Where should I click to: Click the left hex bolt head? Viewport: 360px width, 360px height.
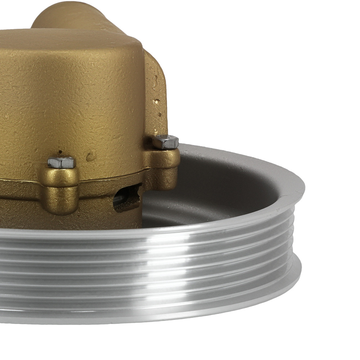pos(61,162)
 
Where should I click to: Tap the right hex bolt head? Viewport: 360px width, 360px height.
pos(166,142)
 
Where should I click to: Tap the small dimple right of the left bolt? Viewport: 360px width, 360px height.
pos(90,156)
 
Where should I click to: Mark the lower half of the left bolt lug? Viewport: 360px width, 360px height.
pos(60,202)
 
